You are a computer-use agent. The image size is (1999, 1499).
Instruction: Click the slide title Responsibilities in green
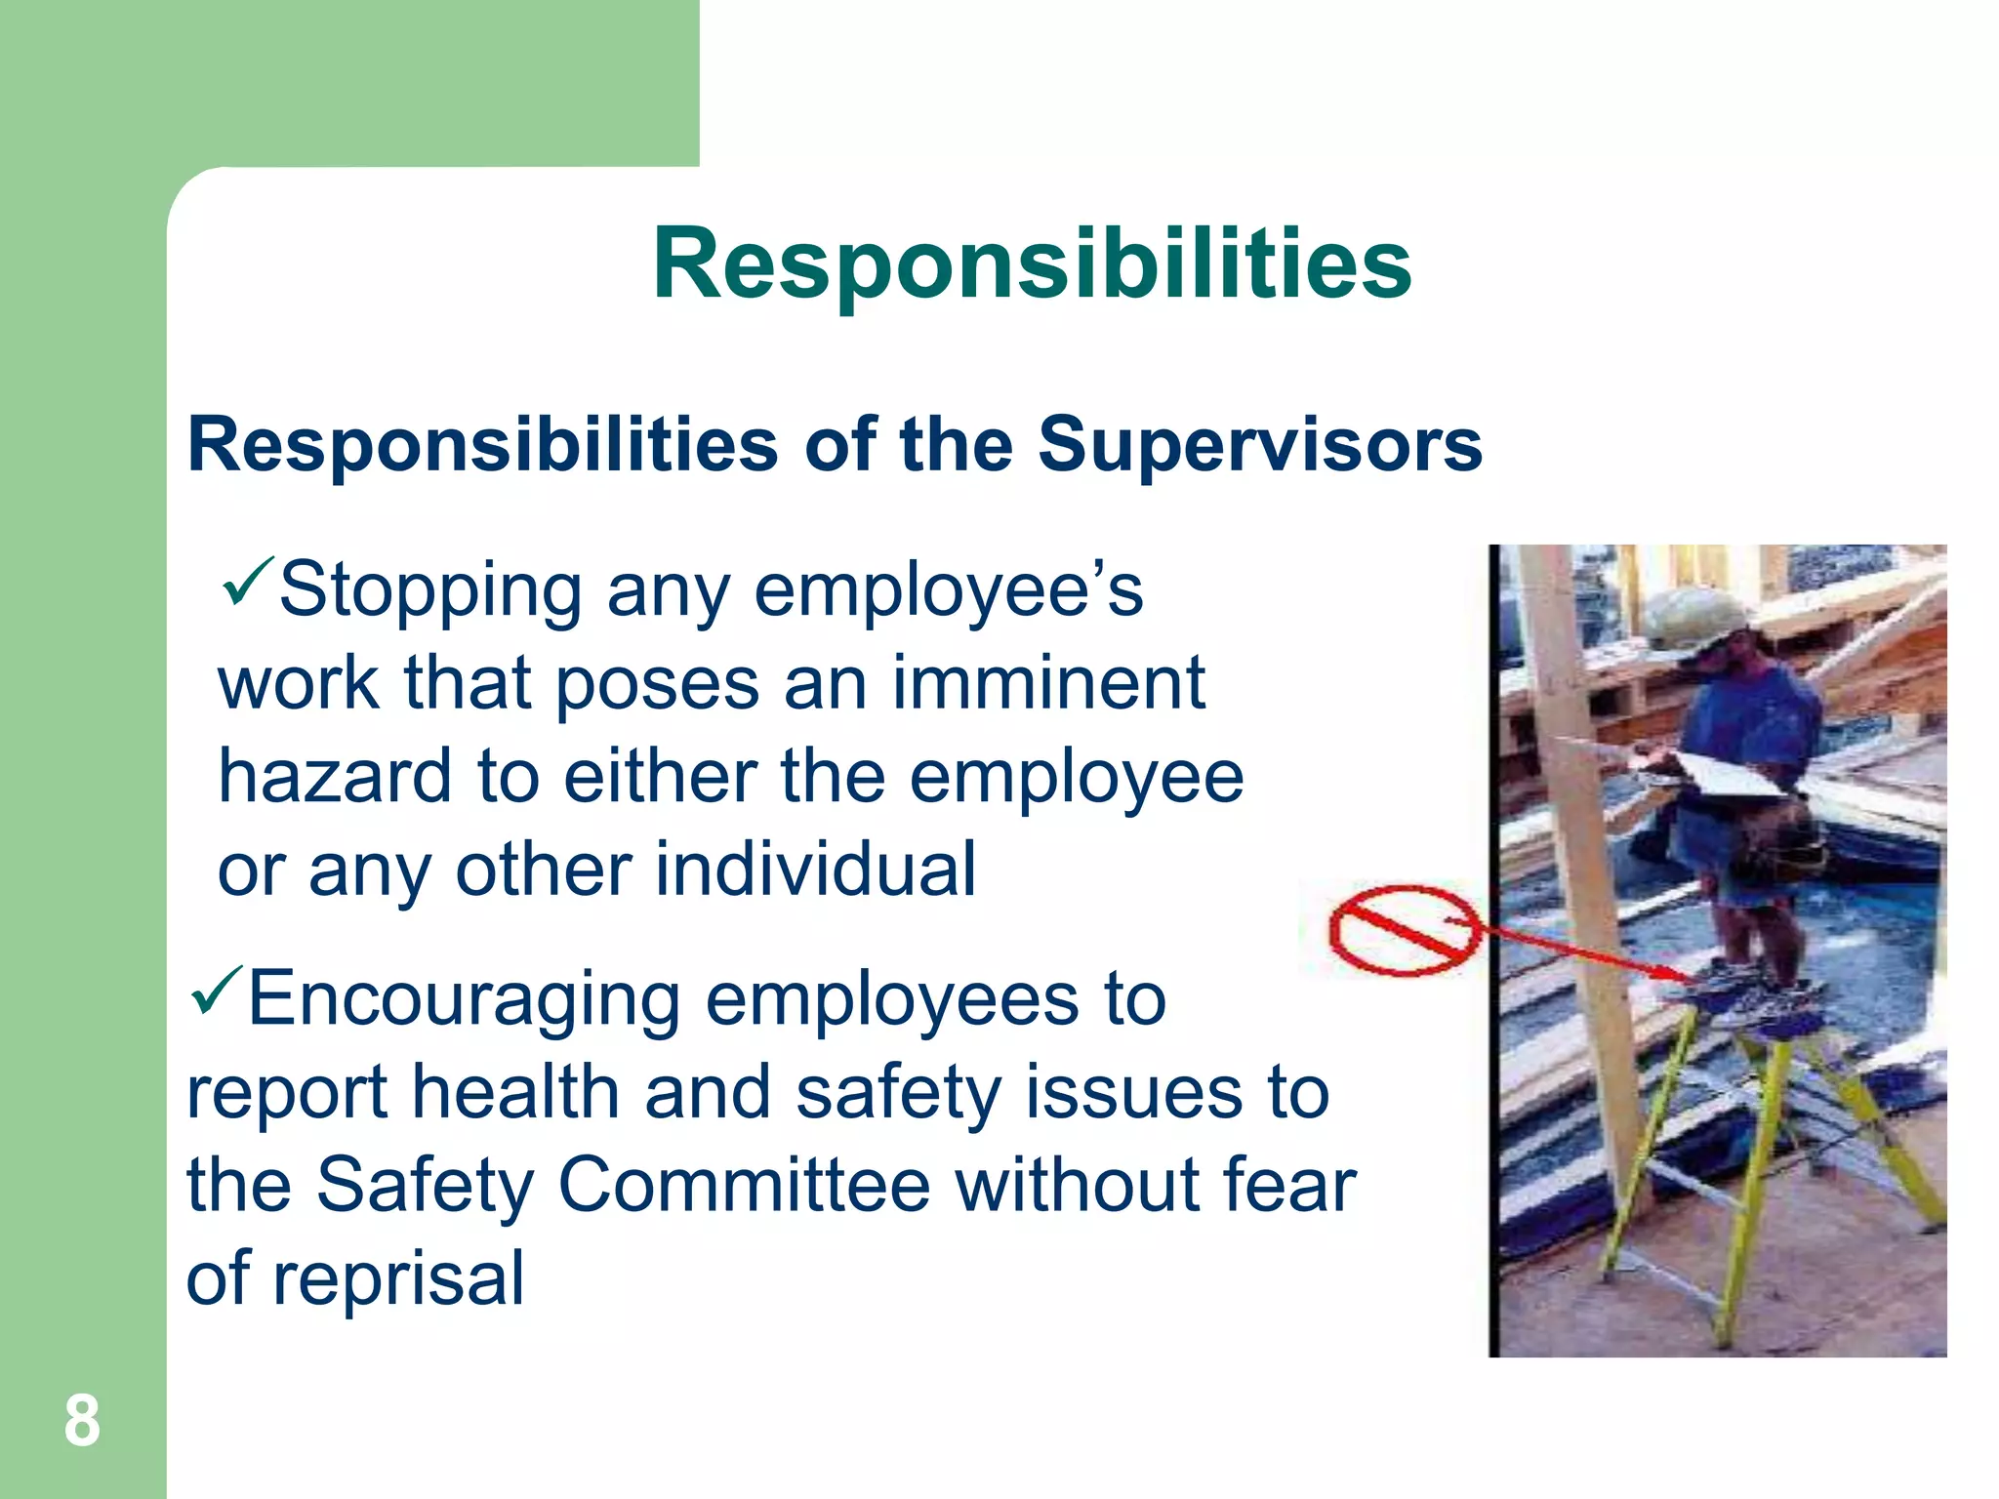[x=1032, y=263]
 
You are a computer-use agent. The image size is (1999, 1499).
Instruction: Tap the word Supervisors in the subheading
[x=1259, y=445]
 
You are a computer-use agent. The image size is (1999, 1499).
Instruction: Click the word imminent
[x=1048, y=683]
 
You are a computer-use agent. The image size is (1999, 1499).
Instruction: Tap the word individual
[x=815, y=869]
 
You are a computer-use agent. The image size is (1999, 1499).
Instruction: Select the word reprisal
[x=398, y=1278]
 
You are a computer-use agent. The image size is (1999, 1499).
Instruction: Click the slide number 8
[x=82, y=1421]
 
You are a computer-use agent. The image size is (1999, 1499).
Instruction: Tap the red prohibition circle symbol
[x=1402, y=929]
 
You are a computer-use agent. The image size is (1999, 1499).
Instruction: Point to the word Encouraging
[x=464, y=999]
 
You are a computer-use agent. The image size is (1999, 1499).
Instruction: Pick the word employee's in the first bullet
[x=948, y=591]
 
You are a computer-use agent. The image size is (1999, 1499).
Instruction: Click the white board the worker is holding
[x=1728, y=781]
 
